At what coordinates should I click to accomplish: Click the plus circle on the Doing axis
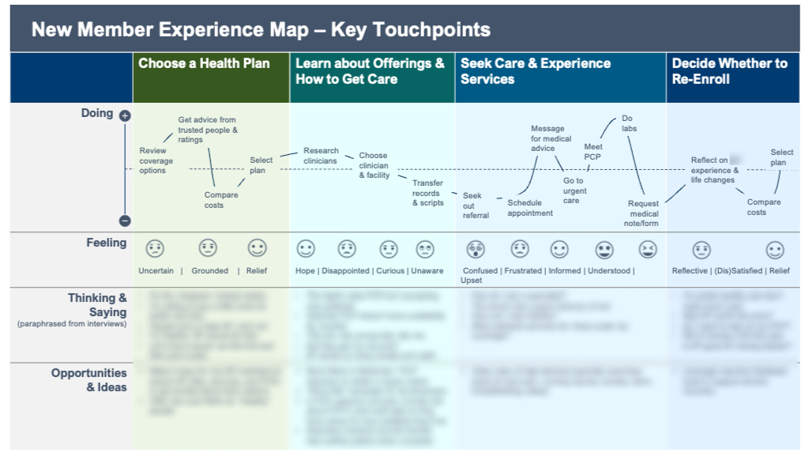pos(125,115)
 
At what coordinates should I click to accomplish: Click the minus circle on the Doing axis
pos(125,221)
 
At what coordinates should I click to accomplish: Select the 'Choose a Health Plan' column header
pos(204,64)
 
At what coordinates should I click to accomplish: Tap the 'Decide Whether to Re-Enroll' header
pos(729,71)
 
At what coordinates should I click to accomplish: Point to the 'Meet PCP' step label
pos(592,152)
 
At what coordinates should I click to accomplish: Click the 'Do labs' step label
pos(629,123)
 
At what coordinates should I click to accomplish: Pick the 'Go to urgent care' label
pos(574,190)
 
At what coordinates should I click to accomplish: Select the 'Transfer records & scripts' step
pos(428,193)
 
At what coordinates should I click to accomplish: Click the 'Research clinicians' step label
pos(321,156)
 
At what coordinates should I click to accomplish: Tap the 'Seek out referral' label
pos(476,205)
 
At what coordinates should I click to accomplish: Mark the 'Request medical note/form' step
pos(643,213)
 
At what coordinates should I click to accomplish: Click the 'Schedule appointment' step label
pos(530,208)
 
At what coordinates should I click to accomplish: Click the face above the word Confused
pos(476,250)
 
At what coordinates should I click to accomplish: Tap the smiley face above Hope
pos(305,249)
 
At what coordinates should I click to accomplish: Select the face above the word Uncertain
pos(155,249)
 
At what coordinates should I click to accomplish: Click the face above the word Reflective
pos(702,250)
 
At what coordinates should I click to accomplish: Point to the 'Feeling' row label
pos(107,243)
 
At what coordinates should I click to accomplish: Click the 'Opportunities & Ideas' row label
pos(89,380)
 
